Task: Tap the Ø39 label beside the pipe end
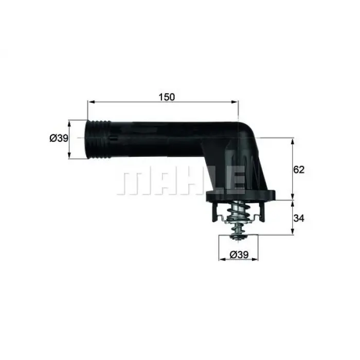point(59,138)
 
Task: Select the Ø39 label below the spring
point(240,254)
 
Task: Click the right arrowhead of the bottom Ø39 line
point(258,260)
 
